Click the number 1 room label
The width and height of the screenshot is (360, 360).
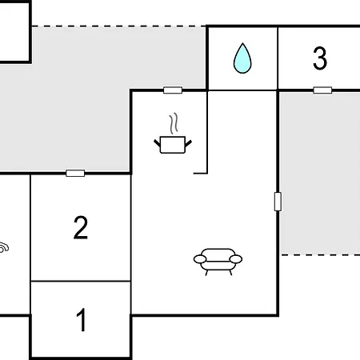(x=82, y=320)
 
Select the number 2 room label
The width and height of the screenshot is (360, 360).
(x=81, y=227)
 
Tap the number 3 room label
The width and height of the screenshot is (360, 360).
(x=320, y=58)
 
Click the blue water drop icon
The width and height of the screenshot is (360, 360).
(x=242, y=58)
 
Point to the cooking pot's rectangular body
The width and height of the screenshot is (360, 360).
(x=173, y=145)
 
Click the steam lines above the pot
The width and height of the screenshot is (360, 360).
(x=174, y=123)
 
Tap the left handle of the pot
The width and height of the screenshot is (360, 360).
(x=157, y=143)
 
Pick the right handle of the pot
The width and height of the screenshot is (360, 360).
(x=189, y=143)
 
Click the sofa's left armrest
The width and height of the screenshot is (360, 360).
(x=200, y=259)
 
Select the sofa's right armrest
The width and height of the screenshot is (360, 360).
(x=236, y=259)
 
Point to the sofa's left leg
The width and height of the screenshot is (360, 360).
(x=206, y=273)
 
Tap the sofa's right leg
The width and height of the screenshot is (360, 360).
(x=230, y=273)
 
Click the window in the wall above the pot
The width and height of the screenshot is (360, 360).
(x=173, y=90)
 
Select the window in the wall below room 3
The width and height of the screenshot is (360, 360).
(x=322, y=90)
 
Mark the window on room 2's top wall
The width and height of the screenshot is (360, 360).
(x=75, y=174)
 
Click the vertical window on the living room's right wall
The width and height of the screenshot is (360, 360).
(x=278, y=202)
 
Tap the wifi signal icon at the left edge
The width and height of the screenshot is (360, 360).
(x=4, y=247)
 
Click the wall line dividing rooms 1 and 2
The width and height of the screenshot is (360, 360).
(x=81, y=281)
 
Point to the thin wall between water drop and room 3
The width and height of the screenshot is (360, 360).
(x=278, y=58)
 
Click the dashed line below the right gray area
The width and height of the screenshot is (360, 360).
(x=321, y=254)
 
